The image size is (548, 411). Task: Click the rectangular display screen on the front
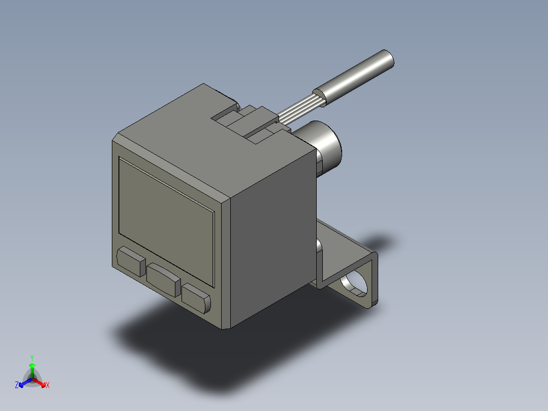click(166, 203)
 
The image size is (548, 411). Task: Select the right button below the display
click(196, 298)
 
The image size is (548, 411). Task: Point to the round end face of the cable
click(388, 58)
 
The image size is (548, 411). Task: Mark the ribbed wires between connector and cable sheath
click(300, 110)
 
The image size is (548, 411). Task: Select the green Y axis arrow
click(32, 369)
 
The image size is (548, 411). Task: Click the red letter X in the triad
click(48, 386)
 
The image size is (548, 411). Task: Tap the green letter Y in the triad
click(32, 358)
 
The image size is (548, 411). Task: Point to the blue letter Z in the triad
click(17, 386)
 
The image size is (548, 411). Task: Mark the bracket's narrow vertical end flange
click(374, 280)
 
